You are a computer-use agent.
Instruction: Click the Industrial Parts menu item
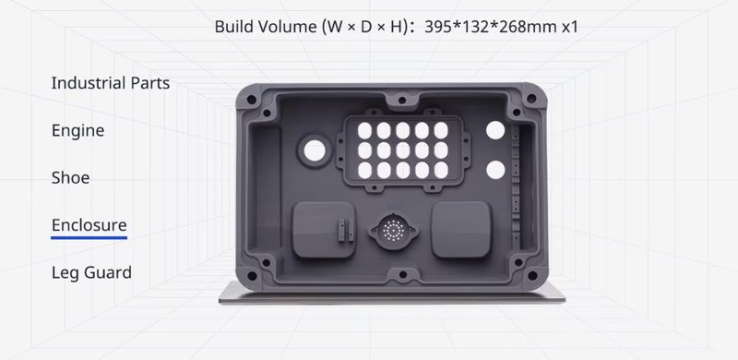click(110, 83)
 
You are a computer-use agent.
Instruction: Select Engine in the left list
click(77, 131)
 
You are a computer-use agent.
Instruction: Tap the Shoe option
click(70, 178)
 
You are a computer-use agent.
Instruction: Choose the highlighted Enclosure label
click(89, 225)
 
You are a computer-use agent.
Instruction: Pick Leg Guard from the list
click(91, 272)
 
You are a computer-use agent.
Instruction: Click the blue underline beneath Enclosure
click(89, 237)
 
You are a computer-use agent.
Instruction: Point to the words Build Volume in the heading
click(264, 26)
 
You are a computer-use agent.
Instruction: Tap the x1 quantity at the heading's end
click(570, 26)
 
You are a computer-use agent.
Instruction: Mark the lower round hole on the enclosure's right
click(495, 170)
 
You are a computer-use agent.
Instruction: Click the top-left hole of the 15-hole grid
click(361, 129)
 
